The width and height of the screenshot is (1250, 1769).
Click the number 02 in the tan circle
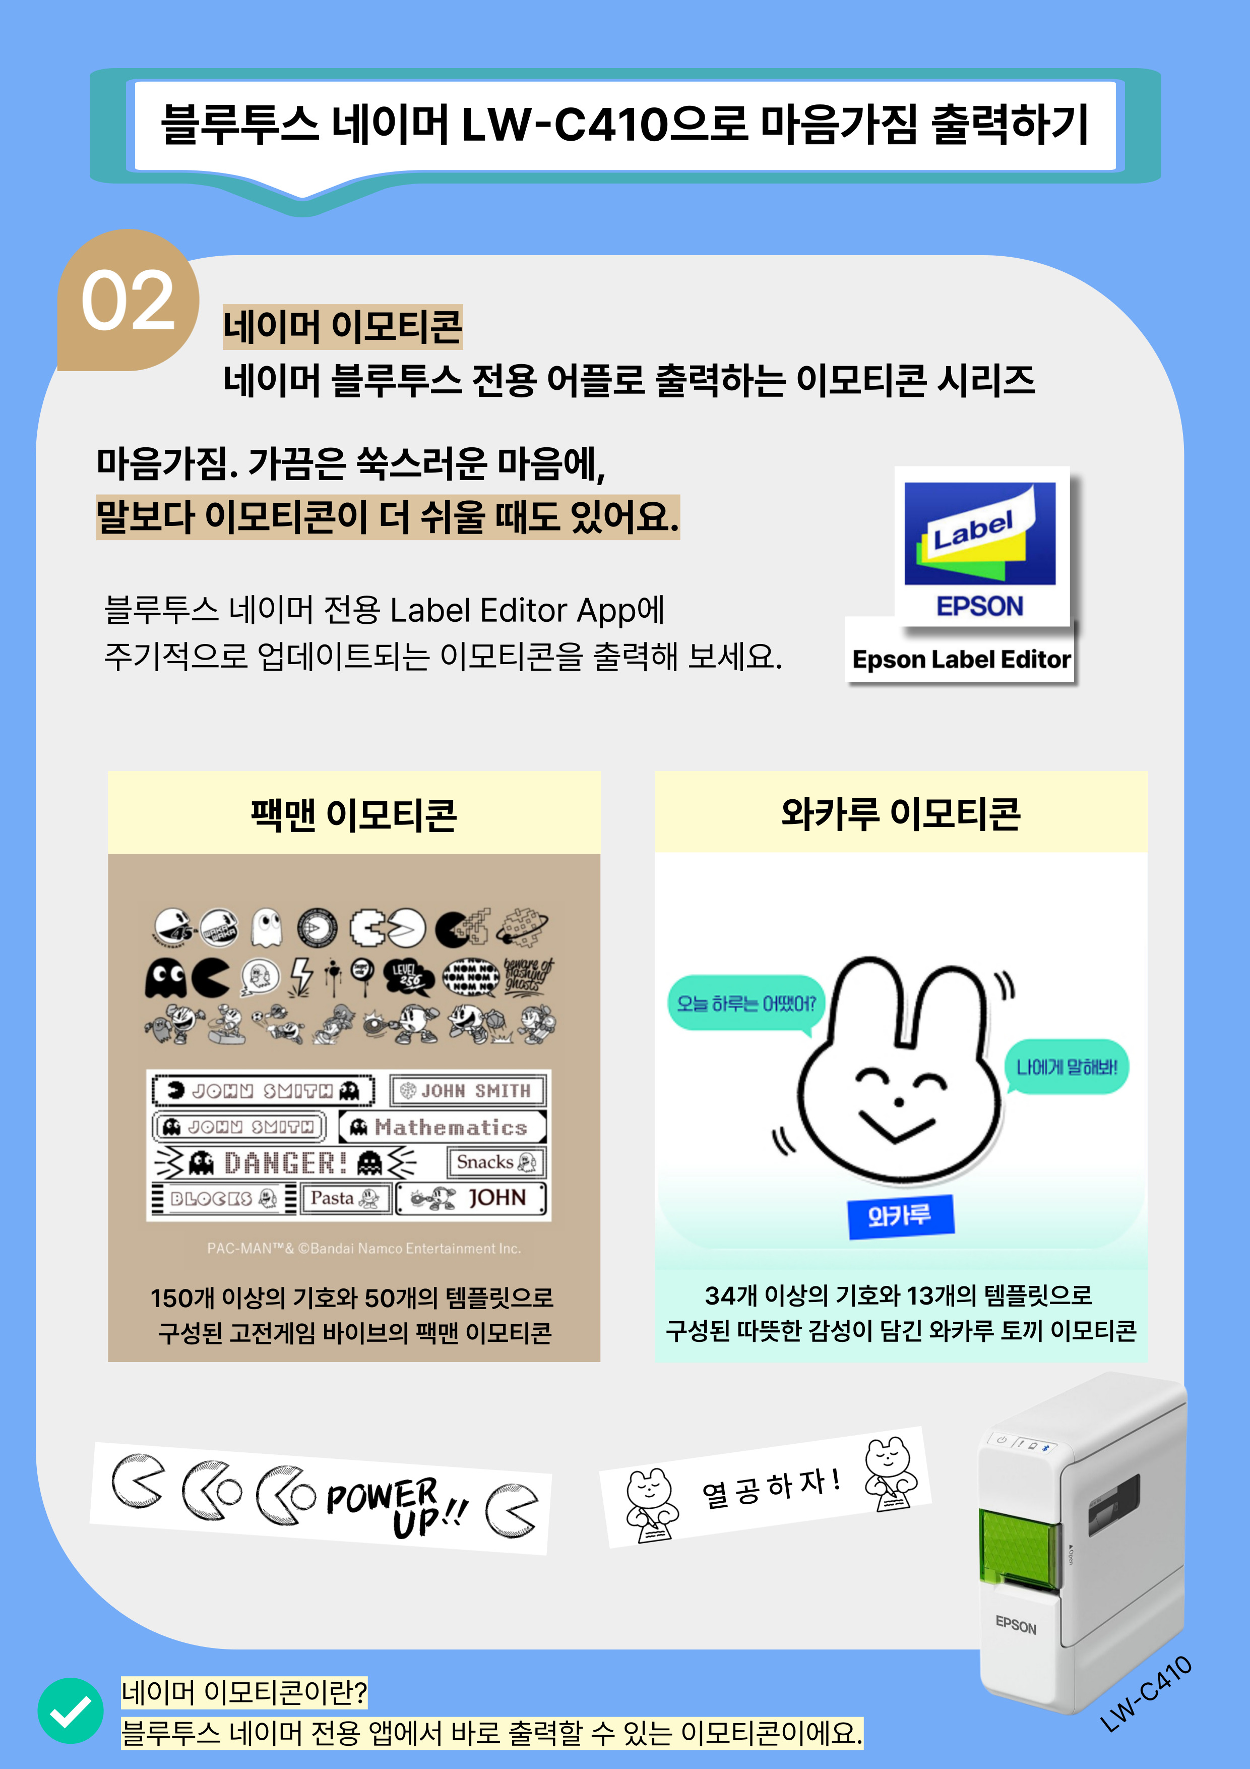click(128, 301)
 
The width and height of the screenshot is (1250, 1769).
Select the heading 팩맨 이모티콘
click(353, 814)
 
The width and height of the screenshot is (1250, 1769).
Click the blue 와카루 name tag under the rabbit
click(900, 1216)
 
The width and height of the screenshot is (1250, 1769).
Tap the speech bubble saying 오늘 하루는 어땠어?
click(745, 1003)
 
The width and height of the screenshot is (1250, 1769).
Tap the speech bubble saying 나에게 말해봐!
click(1067, 1067)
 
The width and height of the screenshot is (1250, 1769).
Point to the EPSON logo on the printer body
click(1016, 1626)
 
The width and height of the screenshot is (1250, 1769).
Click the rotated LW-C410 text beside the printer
click(1147, 1693)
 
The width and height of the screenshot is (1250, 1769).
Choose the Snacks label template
click(496, 1162)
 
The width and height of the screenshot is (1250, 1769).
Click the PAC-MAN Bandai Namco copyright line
click(363, 1248)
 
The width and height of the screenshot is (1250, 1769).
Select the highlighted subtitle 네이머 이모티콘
click(343, 327)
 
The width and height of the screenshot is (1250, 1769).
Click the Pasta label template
click(346, 1198)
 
